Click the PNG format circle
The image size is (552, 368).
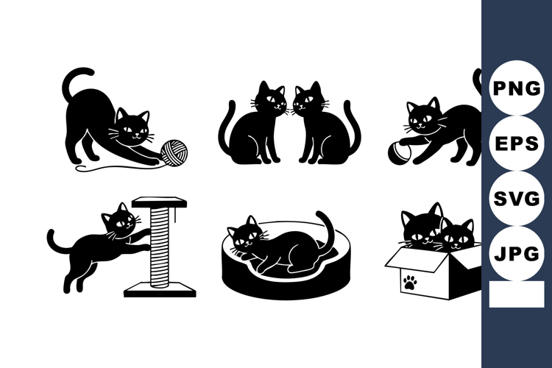click(x=517, y=88)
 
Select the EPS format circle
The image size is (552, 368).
click(x=517, y=143)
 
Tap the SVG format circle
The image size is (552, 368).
click(x=517, y=199)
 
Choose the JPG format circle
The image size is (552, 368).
click(x=517, y=254)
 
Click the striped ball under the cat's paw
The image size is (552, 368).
click(x=398, y=152)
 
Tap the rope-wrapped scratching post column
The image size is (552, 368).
click(x=159, y=247)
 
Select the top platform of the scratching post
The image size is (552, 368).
click(x=159, y=201)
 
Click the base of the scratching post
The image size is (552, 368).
click(x=160, y=290)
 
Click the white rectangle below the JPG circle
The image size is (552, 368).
click(x=516, y=294)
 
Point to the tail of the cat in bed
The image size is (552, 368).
click(x=325, y=228)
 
